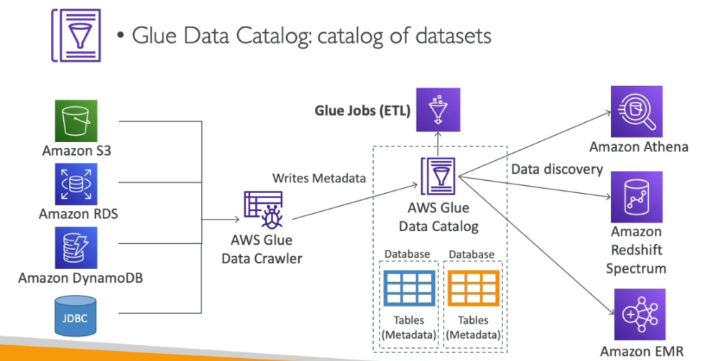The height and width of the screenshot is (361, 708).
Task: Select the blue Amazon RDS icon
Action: pos(75,184)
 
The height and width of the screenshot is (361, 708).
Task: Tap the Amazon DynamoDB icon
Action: pos(75,248)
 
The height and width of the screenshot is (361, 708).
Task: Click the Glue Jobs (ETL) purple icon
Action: pos(438,109)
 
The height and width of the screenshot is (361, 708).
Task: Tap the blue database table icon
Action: pos(408,289)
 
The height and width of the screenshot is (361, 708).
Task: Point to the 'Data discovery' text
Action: pos(557,169)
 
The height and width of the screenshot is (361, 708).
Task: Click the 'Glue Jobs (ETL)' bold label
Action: pos(362,111)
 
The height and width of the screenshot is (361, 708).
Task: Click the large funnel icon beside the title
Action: pos(75,34)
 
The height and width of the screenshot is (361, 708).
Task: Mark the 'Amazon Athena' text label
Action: pos(638,147)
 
